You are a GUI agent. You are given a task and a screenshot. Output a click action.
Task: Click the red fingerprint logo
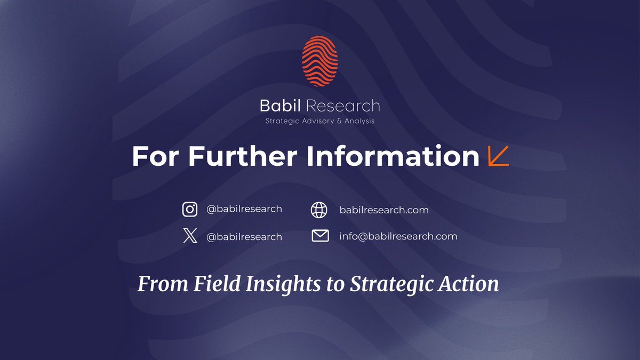319,62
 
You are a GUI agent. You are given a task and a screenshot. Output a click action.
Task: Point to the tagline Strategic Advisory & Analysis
320,121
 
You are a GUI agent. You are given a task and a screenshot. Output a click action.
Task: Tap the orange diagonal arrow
499,156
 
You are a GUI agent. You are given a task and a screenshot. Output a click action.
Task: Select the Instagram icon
190,210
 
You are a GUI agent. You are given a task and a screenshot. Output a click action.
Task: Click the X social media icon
190,236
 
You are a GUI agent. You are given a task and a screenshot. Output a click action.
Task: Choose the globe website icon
319,210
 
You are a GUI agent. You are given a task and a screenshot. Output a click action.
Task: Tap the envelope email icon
320,236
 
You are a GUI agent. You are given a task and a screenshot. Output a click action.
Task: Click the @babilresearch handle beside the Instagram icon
244,209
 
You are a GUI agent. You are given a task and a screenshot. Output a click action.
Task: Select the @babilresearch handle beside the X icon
244,236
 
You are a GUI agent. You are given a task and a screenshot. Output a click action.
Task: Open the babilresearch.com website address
384,210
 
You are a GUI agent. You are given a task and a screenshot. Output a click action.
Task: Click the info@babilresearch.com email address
398,236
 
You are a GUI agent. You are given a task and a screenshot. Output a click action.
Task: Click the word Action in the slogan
469,284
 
